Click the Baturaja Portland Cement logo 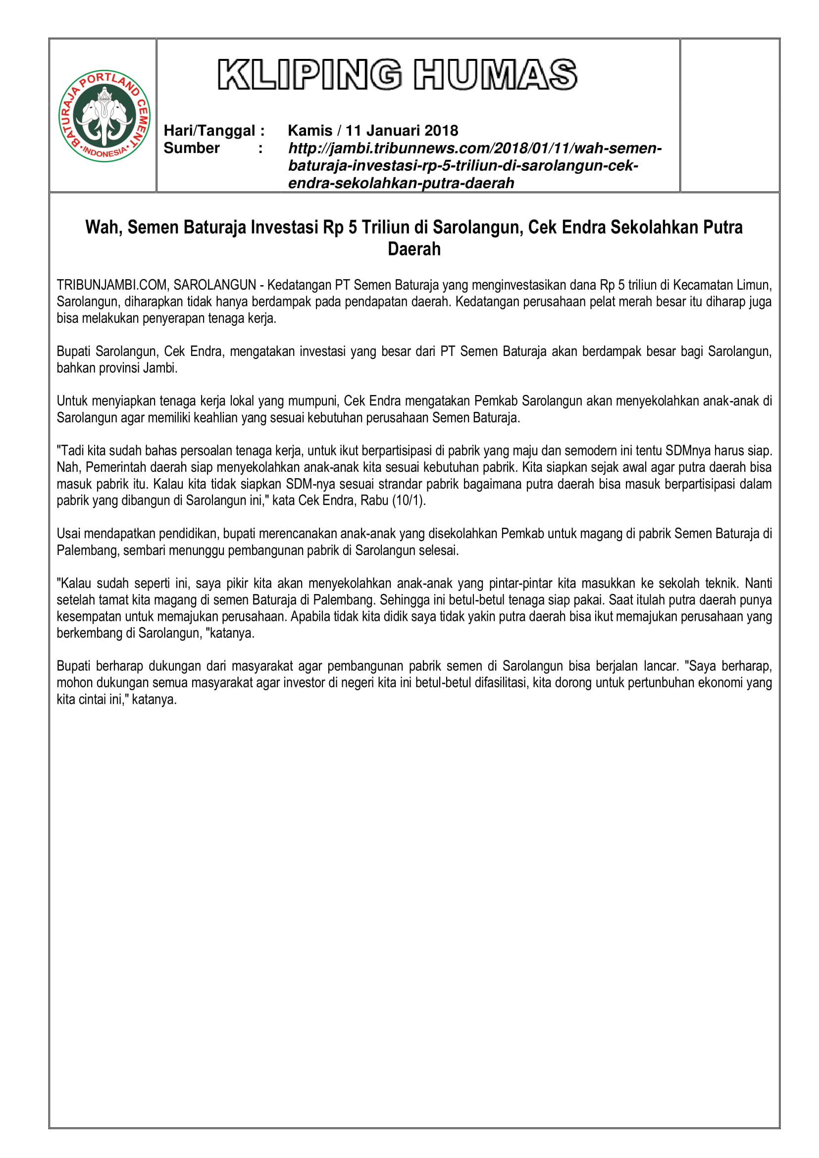104,115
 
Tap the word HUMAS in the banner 495,75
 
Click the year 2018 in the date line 441,131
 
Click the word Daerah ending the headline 414,249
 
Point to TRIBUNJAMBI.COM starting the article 112,286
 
